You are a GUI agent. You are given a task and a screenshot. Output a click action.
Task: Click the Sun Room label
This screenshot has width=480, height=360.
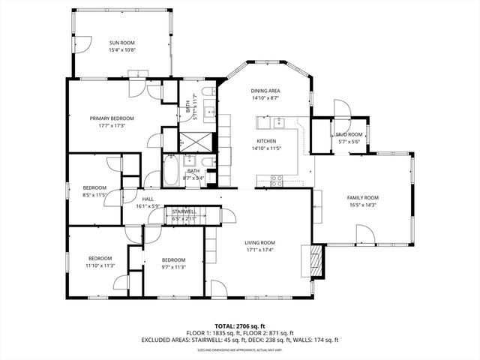tap(124, 43)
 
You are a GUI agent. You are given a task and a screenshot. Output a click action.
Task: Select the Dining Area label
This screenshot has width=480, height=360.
tap(265, 91)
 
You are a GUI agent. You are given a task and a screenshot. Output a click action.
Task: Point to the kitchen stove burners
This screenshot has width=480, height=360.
tap(276, 180)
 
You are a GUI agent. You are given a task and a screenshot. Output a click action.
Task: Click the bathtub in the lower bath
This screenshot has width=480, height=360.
tap(171, 171)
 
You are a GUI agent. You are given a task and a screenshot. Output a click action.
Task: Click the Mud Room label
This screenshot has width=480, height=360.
tap(349, 134)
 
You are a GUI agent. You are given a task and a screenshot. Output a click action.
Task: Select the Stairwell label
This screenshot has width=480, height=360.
tap(184, 211)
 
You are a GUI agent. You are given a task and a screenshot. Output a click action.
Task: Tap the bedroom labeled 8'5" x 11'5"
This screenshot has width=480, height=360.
tap(94, 191)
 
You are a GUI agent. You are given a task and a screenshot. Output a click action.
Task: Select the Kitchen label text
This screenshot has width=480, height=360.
tap(266, 141)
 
